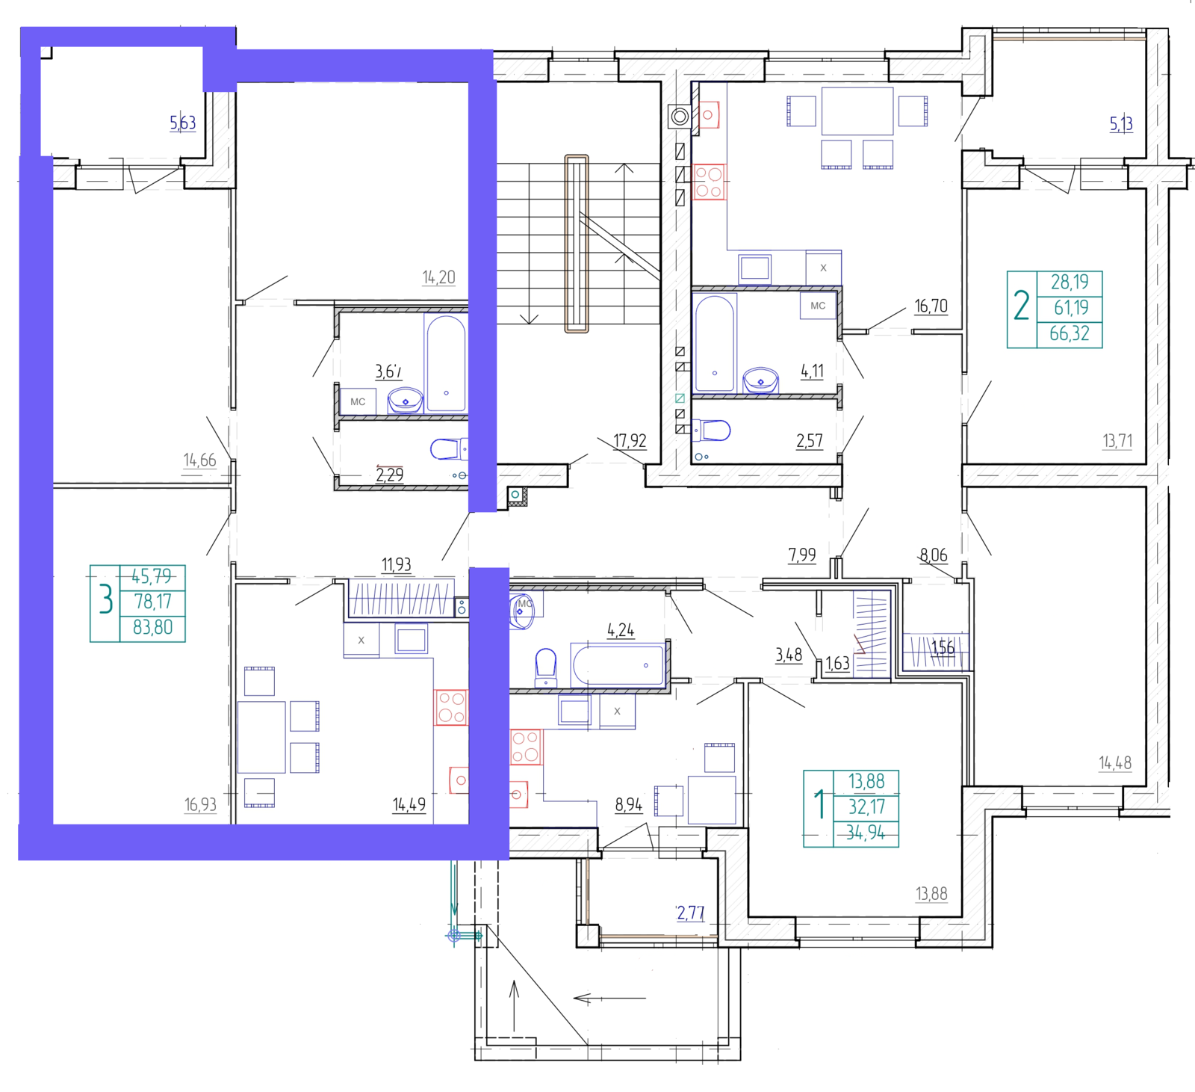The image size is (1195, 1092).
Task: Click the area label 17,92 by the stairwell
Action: (x=630, y=441)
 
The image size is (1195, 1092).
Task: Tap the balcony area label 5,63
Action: (x=183, y=123)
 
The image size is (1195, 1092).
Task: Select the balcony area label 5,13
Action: (x=1121, y=124)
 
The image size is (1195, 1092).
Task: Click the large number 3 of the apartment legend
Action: (x=106, y=599)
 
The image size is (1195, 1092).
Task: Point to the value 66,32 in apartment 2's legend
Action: (x=1070, y=333)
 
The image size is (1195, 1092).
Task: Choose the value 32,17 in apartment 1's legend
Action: (x=866, y=807)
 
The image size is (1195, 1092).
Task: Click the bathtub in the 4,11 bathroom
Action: (x=715, y=344)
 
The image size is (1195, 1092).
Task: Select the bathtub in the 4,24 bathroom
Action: (x=618, y=664)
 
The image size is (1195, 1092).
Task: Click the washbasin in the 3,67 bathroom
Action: (x=406, y=401)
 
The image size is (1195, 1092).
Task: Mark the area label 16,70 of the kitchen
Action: (x=931, y=306)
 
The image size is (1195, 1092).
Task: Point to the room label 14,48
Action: (x=1114, y=763)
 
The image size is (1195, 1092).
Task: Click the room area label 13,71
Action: (x=1117, y=441)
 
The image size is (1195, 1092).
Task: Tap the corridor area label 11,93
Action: (x=396, y=564)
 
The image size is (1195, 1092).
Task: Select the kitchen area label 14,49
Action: (x=409, y=804)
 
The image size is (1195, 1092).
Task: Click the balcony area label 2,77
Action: (x=690, y=913)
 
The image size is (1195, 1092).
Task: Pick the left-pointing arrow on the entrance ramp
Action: (x=609, y=999)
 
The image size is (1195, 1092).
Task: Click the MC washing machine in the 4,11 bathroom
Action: (x=818, y=306)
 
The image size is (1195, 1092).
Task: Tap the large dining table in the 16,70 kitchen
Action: (x=857, y=111)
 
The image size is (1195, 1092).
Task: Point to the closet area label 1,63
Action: (x=837, y=664)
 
